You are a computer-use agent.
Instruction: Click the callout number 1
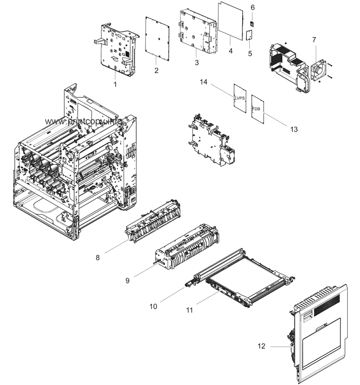coord(115,85)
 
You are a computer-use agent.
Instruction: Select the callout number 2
coord(156,71)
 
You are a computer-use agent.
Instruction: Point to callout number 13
coord(294,129)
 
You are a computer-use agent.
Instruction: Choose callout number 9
coord(127,280)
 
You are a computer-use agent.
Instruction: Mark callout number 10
coord(153,306)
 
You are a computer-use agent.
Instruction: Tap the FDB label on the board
coord(257,109)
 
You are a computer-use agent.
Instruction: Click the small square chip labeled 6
coord(252,22)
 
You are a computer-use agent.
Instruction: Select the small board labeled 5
coord(250,36)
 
